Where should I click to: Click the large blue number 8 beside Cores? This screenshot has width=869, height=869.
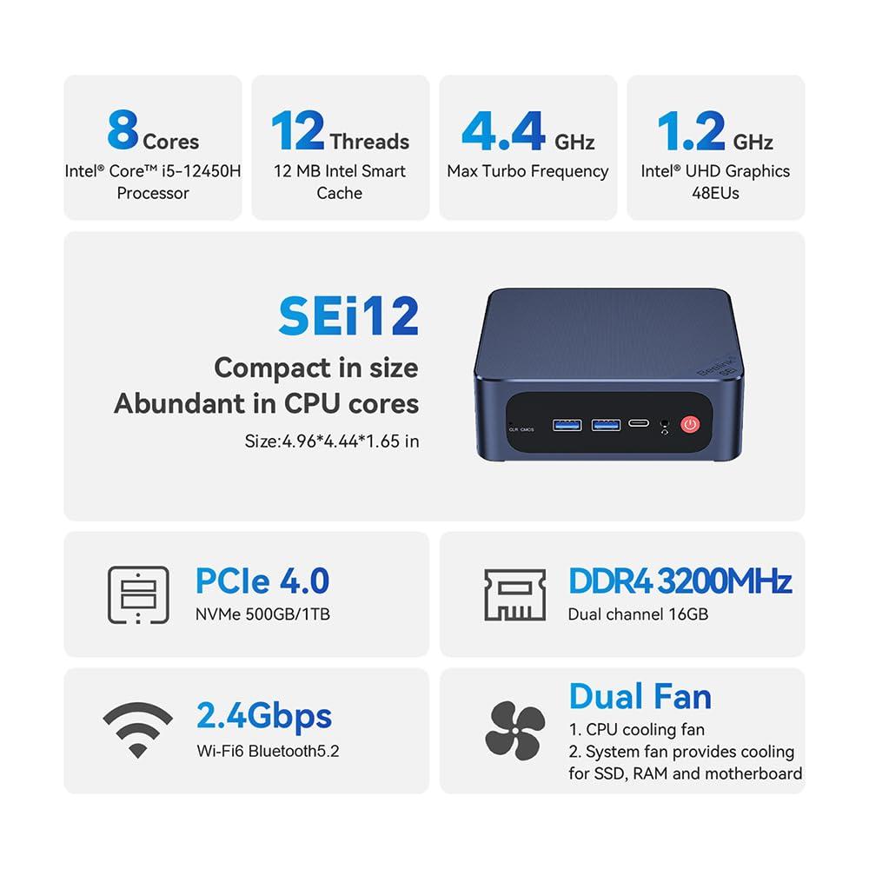tap(123, 129)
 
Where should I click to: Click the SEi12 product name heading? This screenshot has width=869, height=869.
tap(348, 316)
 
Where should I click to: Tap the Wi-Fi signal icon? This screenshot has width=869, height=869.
tap(137, 730)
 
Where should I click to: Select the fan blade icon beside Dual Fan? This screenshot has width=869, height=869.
tap(514, 731)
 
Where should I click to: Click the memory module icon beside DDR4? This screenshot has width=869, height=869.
tap(514, 594)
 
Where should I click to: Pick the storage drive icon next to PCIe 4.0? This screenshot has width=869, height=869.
tap(137, 594)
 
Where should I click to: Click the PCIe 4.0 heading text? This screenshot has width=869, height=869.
tap(262, 580)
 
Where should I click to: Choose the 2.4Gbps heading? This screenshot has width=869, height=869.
tap(264, 716)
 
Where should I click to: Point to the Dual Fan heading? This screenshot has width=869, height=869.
tap(640, 696)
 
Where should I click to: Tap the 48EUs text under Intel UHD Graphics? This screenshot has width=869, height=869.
tap(715, 193)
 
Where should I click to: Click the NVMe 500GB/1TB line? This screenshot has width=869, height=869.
tap(262, 614)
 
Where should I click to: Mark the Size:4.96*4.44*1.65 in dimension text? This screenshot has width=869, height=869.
tap(332, 441)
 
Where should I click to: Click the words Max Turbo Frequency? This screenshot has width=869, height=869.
tap(527, 171)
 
